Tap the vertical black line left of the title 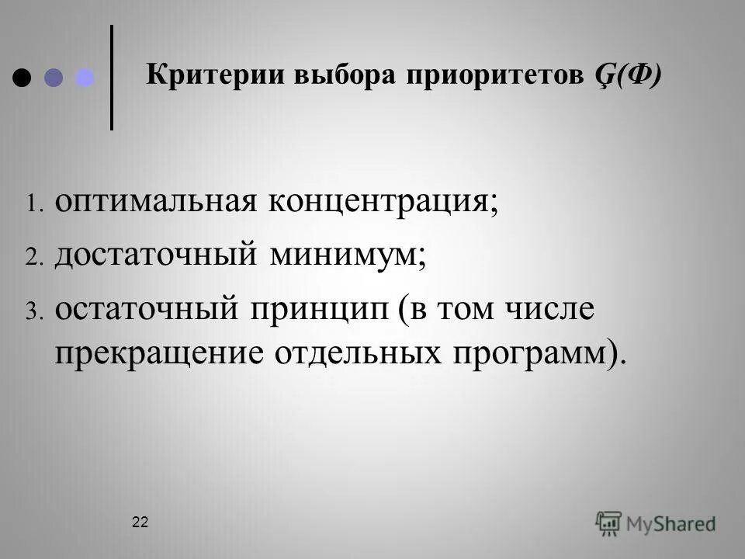(x=113, y=77)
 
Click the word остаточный (x=146, y=308)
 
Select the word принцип (x=319, y=308)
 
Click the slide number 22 (x=140, y=523)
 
